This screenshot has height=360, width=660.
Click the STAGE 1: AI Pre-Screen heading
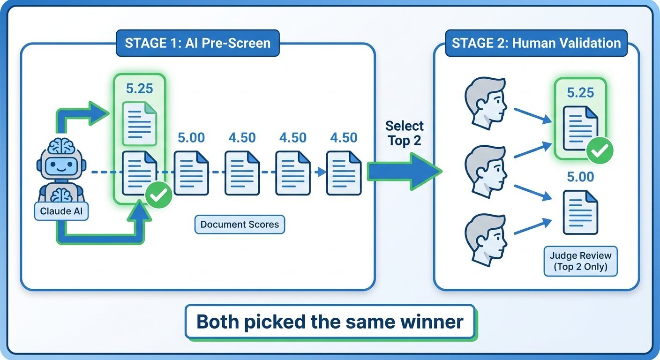pos(197,43)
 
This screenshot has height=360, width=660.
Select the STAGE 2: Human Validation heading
pos(536,43)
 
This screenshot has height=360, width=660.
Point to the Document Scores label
pos(240,225)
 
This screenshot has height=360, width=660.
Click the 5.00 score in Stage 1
pos(191,138)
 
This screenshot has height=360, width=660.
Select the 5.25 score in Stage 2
pos(580,92)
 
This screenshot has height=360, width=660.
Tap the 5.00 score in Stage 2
pos(580,177)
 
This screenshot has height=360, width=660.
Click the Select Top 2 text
pos(404,133)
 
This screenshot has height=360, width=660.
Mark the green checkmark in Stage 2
pos(600,151)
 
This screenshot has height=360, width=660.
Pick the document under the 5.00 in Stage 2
pos(580,212)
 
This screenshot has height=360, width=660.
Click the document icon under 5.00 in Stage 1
pos(191,172)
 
